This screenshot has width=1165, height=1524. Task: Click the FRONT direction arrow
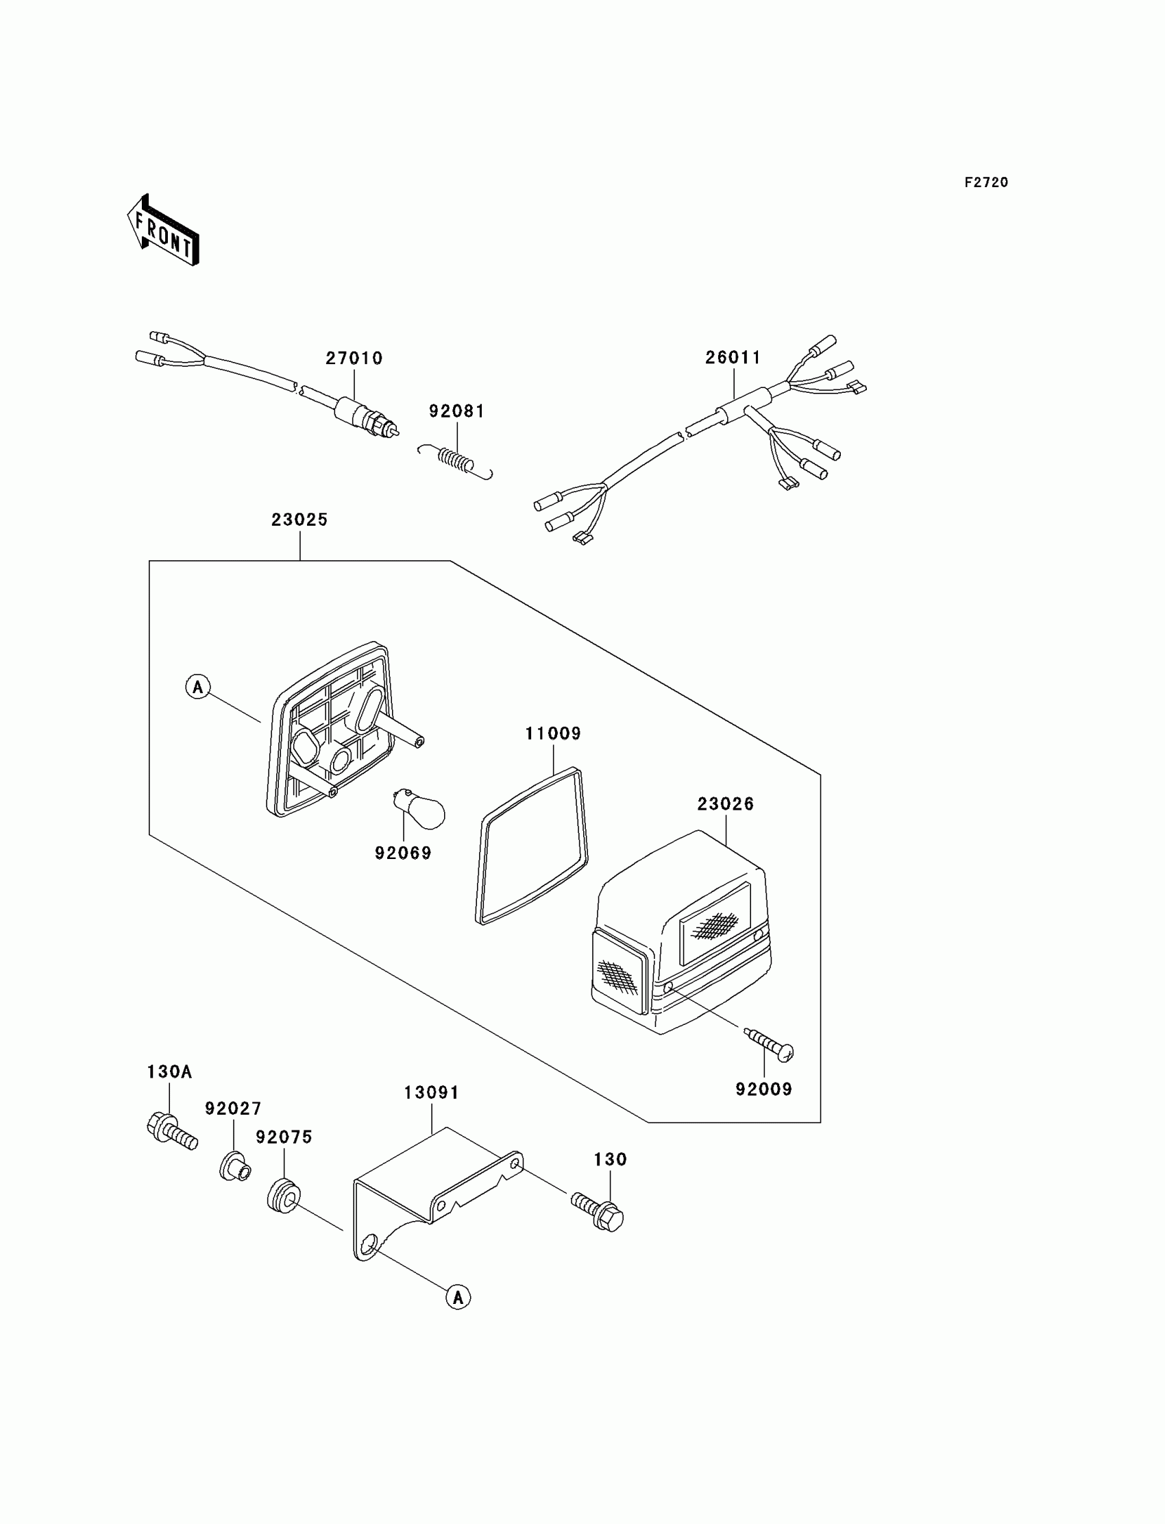pos(164,231)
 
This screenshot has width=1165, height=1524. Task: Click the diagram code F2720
pos(986,182)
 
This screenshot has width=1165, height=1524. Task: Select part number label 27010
pos(354,358)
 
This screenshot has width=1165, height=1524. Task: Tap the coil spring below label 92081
pos(456,460)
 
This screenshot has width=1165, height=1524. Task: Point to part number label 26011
pos(733,357)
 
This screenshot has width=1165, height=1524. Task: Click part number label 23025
pos(299,520)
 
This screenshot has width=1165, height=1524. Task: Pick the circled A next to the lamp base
pos(198,687)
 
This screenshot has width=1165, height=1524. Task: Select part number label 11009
pos(552,734)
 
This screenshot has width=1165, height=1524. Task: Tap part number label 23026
pos(725,804)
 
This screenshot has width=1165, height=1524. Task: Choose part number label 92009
pos(763,1089)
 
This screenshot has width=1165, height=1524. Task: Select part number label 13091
pos(431,1093)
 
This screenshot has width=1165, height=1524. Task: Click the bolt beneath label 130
pos(598,1211)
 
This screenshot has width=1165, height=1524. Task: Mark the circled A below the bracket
pos(458,1296)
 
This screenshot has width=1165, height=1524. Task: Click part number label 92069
pos(403,853)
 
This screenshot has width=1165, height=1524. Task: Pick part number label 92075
pos(284,1137)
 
